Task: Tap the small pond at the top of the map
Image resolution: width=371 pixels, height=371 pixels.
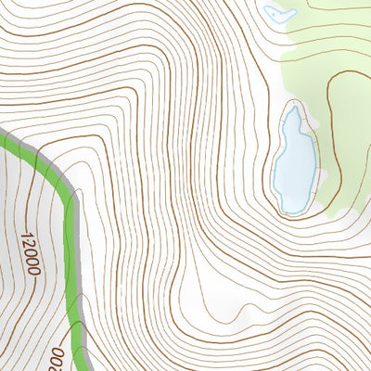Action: [x=278, y=14]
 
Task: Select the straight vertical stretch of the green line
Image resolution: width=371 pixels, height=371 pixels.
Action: [x=71, y=269]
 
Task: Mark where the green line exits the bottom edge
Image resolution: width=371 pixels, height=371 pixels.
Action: [x=85, y=368]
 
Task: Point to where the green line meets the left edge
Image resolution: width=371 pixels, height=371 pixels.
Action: [x=2, y=136]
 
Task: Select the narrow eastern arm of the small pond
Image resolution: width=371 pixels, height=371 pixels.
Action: [x=291, y=15]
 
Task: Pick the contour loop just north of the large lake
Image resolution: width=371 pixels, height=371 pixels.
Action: [x=296, y=101]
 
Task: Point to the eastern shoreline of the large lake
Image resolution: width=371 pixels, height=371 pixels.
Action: [x=314, y=162]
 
